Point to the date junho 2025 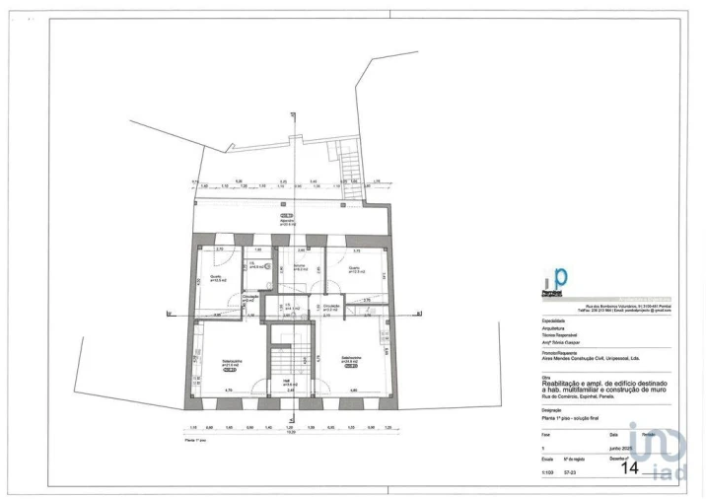pos(621,447)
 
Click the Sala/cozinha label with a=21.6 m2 pos(232,363)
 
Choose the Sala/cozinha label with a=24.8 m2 pos(352,360)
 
